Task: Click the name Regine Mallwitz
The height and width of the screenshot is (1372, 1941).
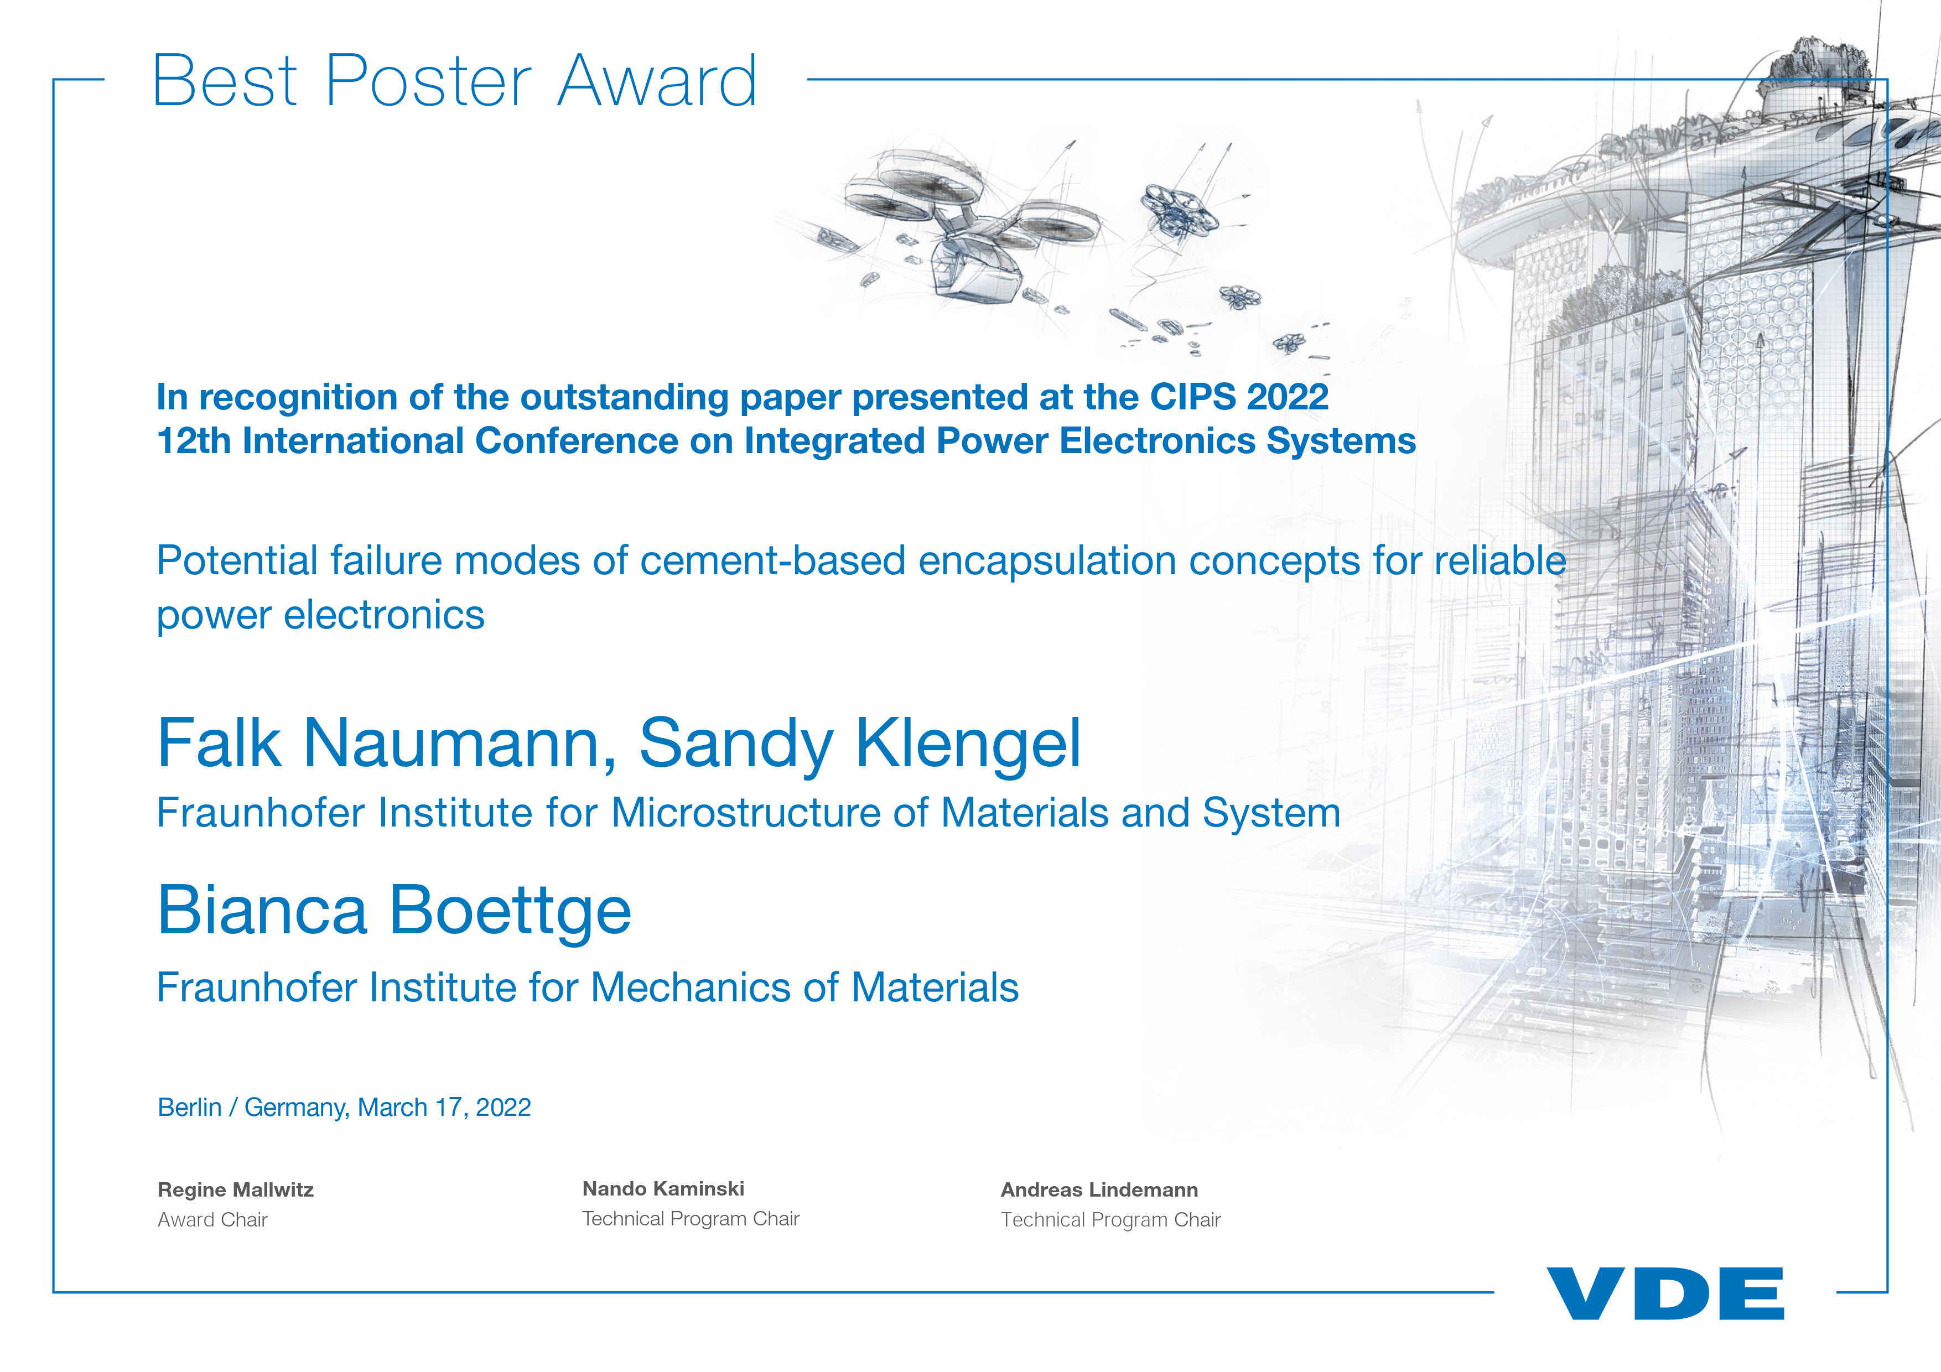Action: point(235,1190)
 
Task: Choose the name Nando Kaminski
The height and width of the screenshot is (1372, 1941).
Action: point(663,1188)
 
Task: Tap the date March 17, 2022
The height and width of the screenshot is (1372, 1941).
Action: point(445,1108)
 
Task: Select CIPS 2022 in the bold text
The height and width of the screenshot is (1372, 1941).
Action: point(1238,397)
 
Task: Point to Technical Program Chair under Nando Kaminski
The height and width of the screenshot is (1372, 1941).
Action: point(691,1218)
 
